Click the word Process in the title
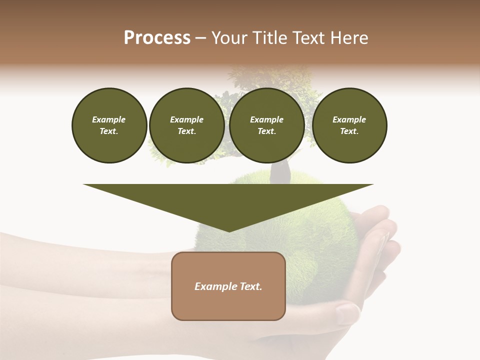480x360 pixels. [157, 38]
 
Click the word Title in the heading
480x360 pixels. [269, 38]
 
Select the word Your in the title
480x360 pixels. [228, 38]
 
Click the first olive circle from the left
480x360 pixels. [109, 125]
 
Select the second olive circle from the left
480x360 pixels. [187, 125]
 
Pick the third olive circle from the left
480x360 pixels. [267, 125]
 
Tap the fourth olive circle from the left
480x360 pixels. [349, 125]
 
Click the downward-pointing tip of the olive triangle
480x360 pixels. [228, 229]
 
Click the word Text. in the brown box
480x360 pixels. [251, 286]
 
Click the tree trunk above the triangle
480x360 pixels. [280, 172]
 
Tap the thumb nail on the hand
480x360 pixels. [347, 312]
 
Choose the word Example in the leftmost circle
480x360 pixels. [109, 119]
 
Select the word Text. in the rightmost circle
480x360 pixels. [349, 131]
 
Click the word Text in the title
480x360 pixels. [308, 38]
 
